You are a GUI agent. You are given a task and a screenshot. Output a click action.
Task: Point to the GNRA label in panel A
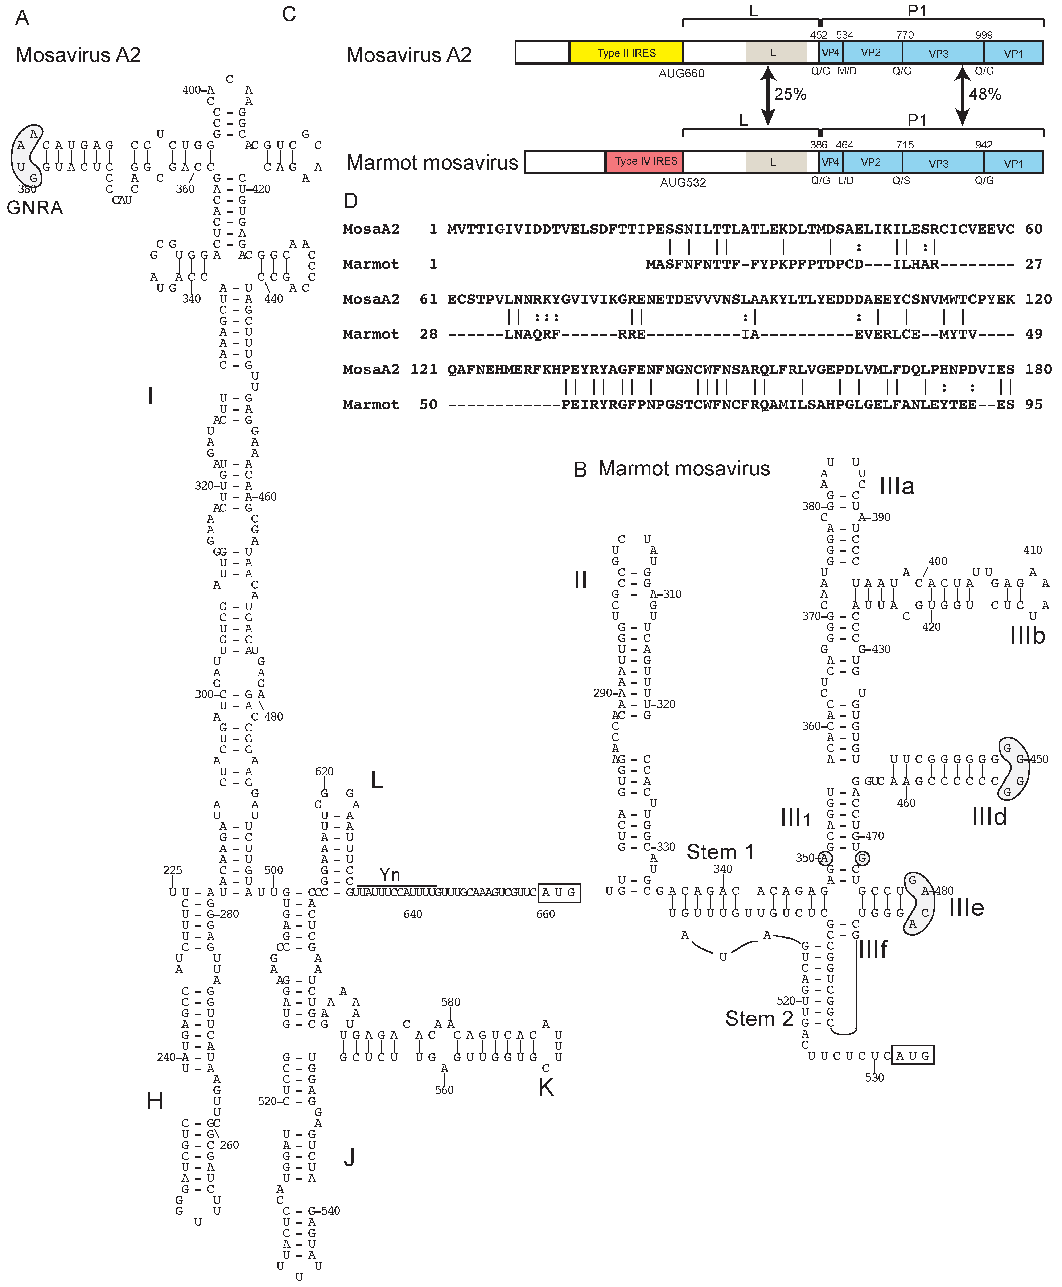click(35, 208)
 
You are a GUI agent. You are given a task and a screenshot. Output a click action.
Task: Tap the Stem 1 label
click(720, 852)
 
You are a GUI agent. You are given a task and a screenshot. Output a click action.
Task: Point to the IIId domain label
click(989, 817)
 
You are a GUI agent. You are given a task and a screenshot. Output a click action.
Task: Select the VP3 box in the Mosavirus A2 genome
click(938, 53)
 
